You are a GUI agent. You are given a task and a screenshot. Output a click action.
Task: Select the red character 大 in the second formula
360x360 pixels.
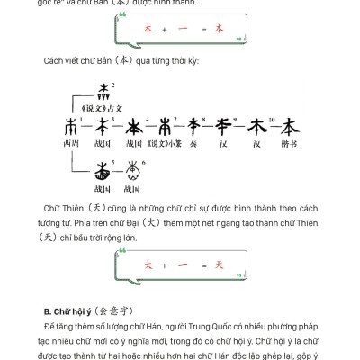[149, 265]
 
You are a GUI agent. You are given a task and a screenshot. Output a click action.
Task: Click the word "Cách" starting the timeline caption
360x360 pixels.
[54, 60]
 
